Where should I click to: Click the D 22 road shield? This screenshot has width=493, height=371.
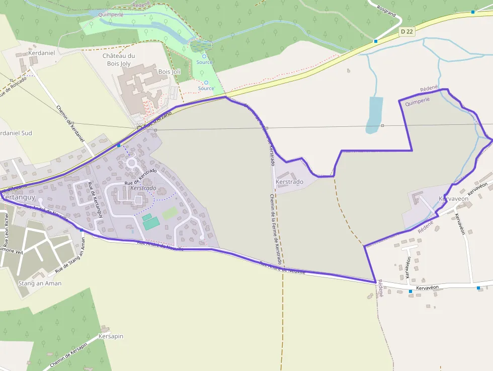(x=407, y=31)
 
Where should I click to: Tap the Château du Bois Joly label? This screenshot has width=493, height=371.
(x=119, y=59)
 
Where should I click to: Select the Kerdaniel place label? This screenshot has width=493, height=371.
(x=41, y=52)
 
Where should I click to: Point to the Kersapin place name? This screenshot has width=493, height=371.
(x=111, y=336)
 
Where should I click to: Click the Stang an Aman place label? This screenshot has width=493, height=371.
(x=39, y=283)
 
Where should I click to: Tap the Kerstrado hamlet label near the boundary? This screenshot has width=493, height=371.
(x=290, y=182)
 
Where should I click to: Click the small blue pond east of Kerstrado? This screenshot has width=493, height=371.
(x=374, y=115)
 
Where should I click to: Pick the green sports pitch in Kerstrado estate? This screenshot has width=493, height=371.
(x=149, y=221)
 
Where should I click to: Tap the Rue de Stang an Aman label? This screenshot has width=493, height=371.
(x=70, y=256)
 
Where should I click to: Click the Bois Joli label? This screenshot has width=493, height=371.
(x=169, y=72)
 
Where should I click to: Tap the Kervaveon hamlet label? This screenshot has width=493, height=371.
(x=453, y=198)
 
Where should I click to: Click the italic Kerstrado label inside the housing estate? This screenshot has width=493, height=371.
(x=143, y=188)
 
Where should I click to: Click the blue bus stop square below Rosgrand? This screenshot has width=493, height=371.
(x=376, y=41)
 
